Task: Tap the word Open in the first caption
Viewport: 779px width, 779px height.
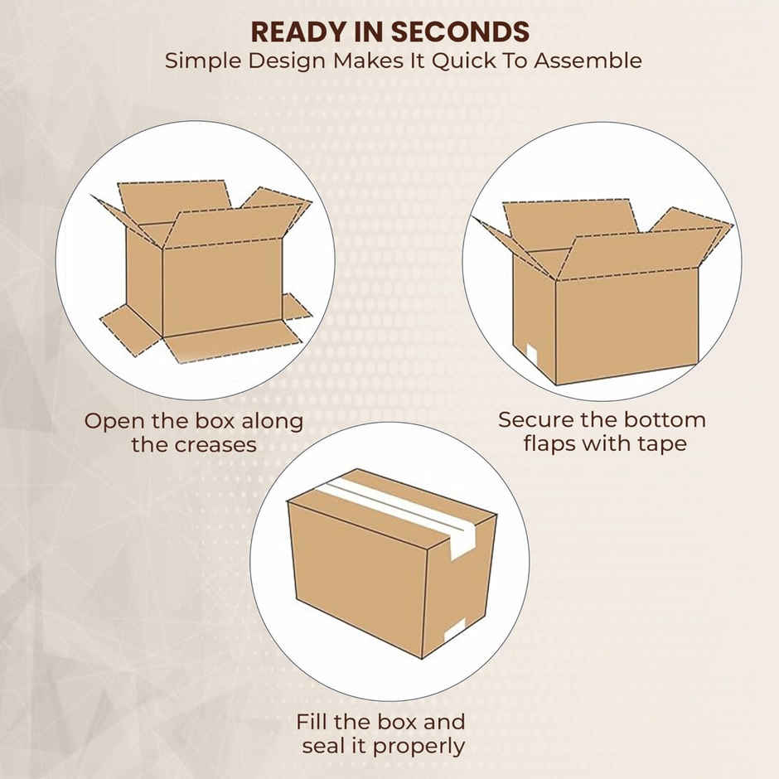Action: pyautogui.click(x=112, y=420)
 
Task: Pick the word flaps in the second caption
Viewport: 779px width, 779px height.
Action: pyautogui.click(x=549, y=443)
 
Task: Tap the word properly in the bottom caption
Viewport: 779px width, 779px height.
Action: pyautogui.click(x=419, y=746)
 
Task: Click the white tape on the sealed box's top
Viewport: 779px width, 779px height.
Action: pyautogui.click(x=398, y=502)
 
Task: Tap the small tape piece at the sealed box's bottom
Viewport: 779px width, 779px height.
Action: pyautogui.click(x=455, y=631)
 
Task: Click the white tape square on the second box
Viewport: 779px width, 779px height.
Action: pyautogui.click(x=531, y=356)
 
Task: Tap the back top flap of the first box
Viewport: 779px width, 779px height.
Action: pyautogui.click(x=175, y=199)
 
